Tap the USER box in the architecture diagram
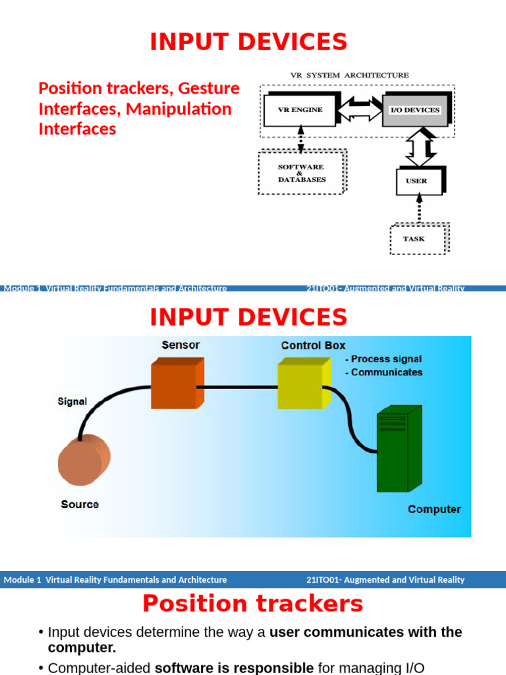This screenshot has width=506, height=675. (418, 181)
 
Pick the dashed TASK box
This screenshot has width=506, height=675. (416, 239)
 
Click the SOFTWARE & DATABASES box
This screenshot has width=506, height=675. (301, 173)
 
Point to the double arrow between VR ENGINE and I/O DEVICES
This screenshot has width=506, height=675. (360, 109)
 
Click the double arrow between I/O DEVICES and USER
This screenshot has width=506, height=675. (420, 147)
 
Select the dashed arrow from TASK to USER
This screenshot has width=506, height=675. (418, 210)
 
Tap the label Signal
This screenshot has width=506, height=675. (72, 401)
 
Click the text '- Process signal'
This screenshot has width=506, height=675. (383, 359)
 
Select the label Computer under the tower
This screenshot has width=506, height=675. (434, 510)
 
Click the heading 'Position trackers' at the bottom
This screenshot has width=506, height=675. (252, 604)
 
